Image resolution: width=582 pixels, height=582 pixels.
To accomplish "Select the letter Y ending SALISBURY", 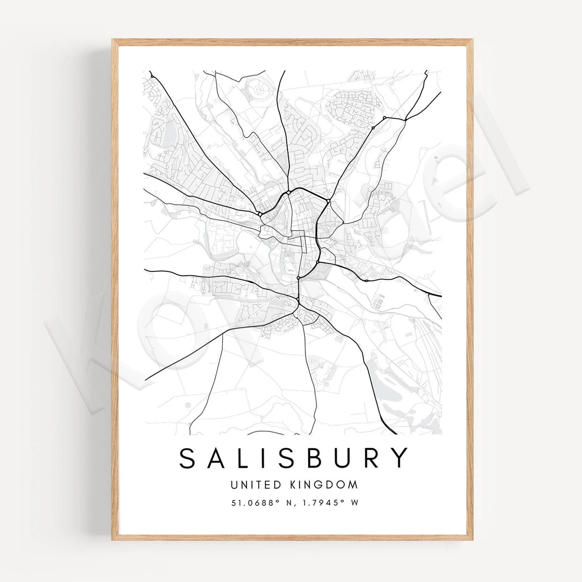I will click(400, 458).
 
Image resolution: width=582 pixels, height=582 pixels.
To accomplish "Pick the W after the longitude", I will click(355, 503).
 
